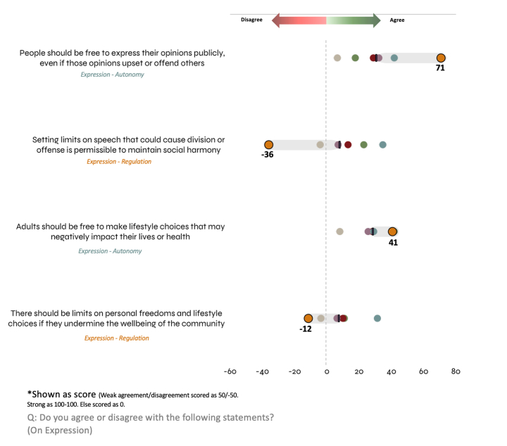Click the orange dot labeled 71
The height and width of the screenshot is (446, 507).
tap(441, 58)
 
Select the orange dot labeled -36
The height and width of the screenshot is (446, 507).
tap(268, 144)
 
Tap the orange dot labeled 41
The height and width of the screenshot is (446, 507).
tap(392, 231)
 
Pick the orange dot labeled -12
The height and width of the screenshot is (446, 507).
tap(308, 319)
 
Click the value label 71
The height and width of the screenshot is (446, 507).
tap(440, 68)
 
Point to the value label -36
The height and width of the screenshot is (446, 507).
tap(267, 155)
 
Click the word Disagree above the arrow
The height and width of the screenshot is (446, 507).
tap(251, 20)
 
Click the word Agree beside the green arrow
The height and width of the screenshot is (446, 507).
tap(397, 20)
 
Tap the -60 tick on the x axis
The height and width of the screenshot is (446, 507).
tap(230, 371)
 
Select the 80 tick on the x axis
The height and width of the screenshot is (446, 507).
tap(456, 371)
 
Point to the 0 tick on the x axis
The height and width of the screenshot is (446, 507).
tap(326, 371)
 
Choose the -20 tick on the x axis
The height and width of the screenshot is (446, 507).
tap(294, 371)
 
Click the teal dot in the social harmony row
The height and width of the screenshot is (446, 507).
tap(382, 144)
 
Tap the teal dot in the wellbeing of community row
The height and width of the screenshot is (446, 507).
tap(377, 319)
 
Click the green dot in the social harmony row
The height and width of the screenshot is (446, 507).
tap(363, 144)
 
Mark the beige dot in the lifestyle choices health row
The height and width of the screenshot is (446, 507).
tap(339, 231)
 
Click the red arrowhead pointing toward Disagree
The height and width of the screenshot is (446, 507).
tap(277, 20)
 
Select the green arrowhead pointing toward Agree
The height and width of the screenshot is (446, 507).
tap(375, 20)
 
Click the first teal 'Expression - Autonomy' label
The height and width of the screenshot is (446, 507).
tap(112, 74)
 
